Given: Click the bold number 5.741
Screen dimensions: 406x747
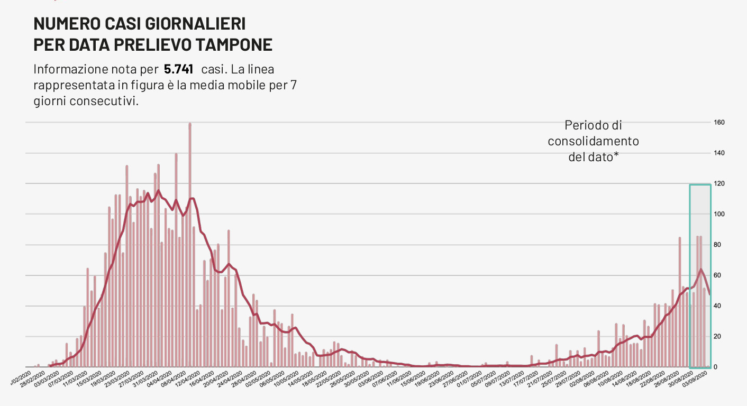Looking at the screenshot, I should pyautogui.click(x=178, y=69).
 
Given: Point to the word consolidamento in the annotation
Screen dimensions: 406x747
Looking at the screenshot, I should pyautogui.click(x=593, y=141).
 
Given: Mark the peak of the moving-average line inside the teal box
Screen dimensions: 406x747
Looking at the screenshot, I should pyautogui.click(x=700, y=270).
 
